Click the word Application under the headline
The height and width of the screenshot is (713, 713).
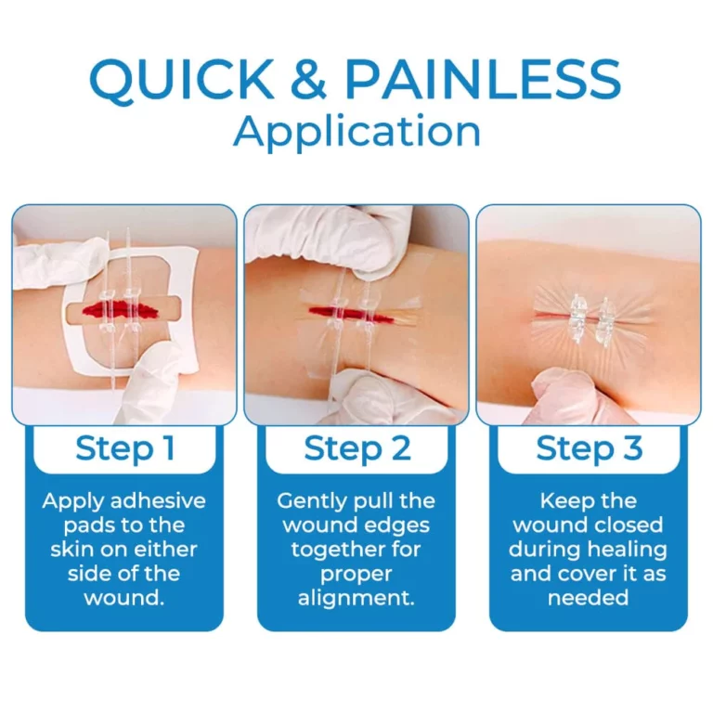[x=356, y=132]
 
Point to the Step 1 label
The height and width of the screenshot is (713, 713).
[x=124, y=448]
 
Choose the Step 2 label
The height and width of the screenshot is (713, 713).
[x=356, y=448]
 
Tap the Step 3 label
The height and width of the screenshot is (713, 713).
[x=589, y=448]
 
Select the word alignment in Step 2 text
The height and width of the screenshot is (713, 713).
[x=356, y=598]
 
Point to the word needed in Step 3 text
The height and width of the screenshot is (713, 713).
[x=589, y=598]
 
